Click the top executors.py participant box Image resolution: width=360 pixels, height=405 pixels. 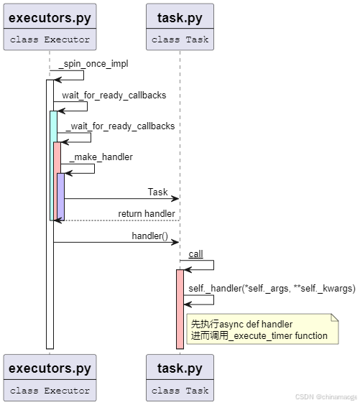pos(50,27)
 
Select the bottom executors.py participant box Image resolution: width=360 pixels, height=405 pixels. pos(50,378)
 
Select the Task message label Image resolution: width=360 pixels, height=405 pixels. pos(157,192)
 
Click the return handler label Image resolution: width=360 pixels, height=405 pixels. pos(147,213)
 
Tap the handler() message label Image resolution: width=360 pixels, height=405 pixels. pos(149,235)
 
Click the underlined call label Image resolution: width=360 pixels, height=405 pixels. pos(195,254)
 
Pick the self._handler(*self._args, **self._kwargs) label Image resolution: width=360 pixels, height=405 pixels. pos(272,288)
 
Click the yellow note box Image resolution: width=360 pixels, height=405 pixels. pos(262,330)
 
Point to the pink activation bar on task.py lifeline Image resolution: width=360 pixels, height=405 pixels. pos(180,309)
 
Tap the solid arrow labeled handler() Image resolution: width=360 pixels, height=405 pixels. pos(115,242)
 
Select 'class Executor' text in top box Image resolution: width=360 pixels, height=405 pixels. pos(50,39)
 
